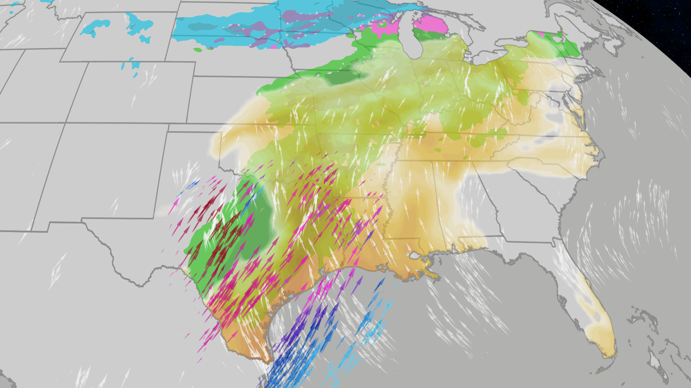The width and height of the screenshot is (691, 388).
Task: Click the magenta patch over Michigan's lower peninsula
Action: click(430, 24)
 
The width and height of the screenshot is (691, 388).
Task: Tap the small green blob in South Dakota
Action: click(198, 50)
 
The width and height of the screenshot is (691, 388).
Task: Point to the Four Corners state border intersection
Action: click(66, 123)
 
